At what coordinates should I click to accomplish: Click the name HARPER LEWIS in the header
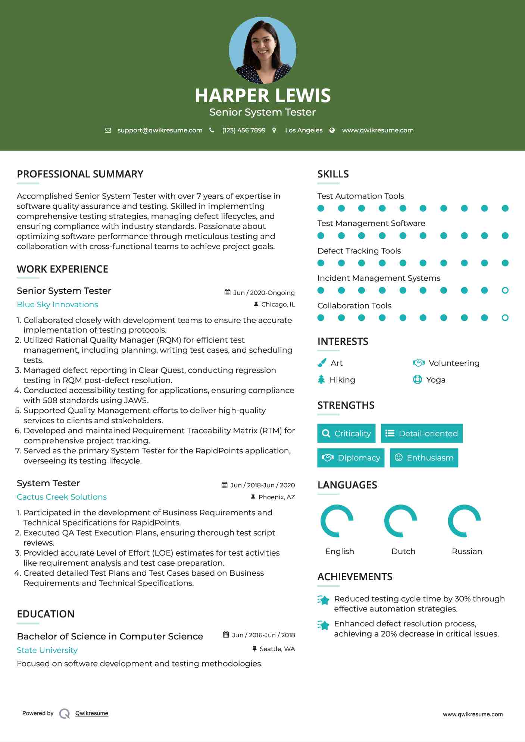tap(262, 95)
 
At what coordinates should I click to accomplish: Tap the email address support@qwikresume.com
tap(160, 130)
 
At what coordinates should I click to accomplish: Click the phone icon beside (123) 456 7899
tap(212, 130)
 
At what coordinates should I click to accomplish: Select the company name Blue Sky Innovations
tap(57, 305)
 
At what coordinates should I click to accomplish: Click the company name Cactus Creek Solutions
tap(62, 497)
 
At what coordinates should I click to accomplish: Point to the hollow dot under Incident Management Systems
tap(505, 290)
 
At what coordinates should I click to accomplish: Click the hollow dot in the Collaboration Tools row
tap(505, 318)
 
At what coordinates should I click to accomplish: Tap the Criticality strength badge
tap(346, 433)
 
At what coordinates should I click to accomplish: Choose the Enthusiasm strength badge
tap(424, 458)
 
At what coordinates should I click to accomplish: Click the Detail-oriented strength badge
tap(422, 433)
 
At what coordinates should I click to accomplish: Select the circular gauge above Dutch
tap(401, 521)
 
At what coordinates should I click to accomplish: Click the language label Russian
tap(467, 551)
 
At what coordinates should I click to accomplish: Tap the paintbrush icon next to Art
tap(322, 363)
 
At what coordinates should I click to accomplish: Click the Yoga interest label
tap(436, 380)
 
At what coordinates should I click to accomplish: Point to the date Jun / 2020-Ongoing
tap(264, 293)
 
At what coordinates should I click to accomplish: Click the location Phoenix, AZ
tap(276, 497)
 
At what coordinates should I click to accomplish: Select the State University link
tap(47, 650)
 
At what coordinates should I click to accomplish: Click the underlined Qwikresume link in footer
tap(92, 713)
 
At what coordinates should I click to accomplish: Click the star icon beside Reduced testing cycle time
tap(324, 600)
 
